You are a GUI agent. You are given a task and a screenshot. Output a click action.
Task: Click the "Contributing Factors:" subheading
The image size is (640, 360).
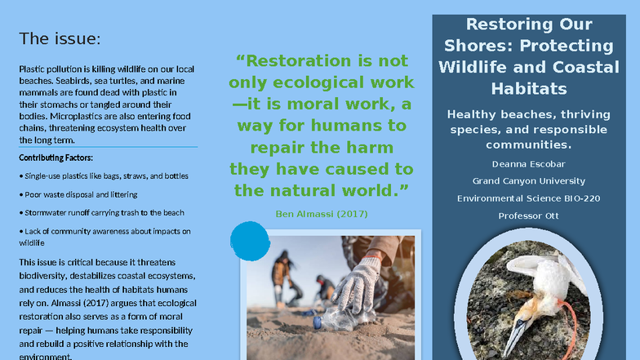coord(56,158)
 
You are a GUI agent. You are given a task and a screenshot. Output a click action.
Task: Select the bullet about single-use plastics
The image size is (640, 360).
coord(104,176)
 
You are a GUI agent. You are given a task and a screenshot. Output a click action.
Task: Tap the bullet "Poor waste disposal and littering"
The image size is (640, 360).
coord(78,194)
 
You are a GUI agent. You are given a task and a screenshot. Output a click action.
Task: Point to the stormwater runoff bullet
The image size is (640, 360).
coord(101,212)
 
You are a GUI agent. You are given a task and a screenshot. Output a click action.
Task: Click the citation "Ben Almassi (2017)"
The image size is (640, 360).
coord(322,214)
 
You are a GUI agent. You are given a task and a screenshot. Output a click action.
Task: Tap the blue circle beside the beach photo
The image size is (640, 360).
coord(250,238)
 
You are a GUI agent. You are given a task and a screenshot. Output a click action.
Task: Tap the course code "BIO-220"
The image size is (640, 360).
coord(579,198)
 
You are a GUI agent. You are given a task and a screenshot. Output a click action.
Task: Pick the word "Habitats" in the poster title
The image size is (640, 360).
coord(528,88)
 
